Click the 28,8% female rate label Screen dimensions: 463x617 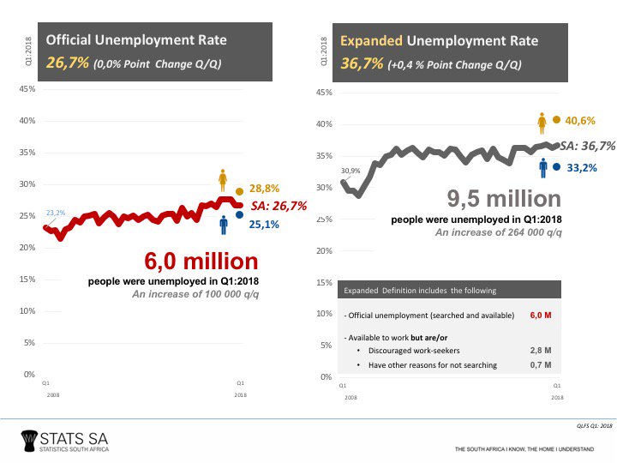pyautogui.click(x=266, y=189)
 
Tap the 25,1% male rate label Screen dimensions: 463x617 pyautogui.click(x=266, y=225)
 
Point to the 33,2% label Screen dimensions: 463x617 pyautogui.click(x=581, y=167)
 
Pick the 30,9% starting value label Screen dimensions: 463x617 pyautogui.click(x=351, y=171)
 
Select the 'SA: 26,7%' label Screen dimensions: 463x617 pyautogui.click(x=279, y=206)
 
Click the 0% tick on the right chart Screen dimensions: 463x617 pyautogui.click(x=326, y=377)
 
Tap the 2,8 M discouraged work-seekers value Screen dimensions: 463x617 pyautogui.click(x=540, y=351)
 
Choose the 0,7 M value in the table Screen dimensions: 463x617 pyautogui.click(x=540, y=366)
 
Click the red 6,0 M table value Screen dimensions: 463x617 pyautogui.click(x=540, y=316)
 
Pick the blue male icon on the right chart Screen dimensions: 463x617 pyautogui.click(x=542, y=166)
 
